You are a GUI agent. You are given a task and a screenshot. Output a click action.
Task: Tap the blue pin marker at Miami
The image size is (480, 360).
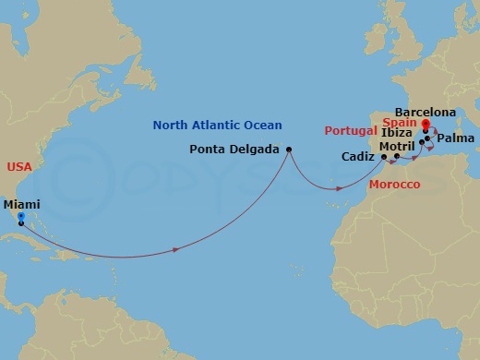20,218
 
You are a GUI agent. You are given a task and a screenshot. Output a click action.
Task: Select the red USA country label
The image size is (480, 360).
19,166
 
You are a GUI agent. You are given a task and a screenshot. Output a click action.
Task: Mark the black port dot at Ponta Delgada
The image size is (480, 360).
289,150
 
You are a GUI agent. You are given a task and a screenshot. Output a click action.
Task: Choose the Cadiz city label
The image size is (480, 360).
357,157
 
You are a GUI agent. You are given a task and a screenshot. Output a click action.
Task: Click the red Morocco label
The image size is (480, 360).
395,186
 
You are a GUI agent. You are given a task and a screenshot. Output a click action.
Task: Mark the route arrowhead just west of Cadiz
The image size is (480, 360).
340,189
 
